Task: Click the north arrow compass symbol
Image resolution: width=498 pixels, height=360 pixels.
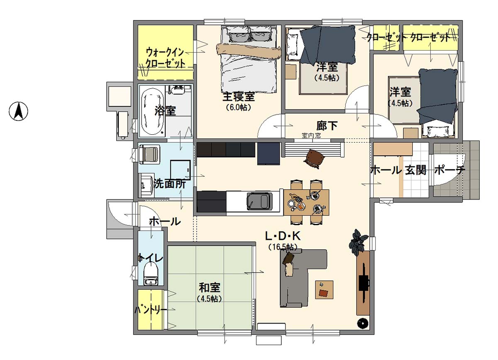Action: tap(18, 111)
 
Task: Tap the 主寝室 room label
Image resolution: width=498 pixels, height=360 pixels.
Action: tap(239, 97)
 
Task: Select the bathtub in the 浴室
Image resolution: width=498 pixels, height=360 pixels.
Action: tap(153, 111)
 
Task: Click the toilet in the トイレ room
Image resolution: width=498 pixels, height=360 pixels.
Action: tap(151, 274)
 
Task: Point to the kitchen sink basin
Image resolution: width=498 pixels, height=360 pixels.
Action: tap(259, 201)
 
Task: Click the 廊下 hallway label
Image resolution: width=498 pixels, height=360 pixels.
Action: tap(327, 126)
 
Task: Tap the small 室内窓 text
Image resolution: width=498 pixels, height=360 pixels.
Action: tap(311, 136)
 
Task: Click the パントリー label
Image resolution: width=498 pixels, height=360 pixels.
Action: tap(151, 310)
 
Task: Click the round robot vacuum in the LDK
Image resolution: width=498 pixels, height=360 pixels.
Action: tap(363, 323)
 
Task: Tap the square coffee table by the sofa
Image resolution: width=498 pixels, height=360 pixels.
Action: tap(324, 290)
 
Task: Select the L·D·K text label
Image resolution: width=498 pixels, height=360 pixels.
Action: tap(283, 236)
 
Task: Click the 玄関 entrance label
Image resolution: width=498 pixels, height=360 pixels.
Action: tap(415, 170)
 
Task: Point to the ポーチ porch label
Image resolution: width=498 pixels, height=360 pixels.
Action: tap(450, 170)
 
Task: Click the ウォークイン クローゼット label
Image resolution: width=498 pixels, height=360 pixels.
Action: tap(165, 58)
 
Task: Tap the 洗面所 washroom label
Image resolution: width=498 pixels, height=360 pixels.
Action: tap(170, 184)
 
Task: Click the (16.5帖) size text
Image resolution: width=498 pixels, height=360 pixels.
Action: tap(283, 247)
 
